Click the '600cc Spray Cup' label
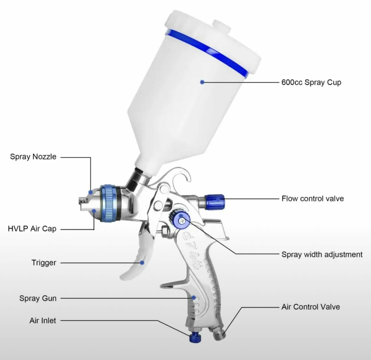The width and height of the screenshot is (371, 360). (x=311, y=83)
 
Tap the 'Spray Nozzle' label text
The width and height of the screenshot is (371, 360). (x=33, y=157)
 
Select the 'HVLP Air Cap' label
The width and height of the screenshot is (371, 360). (x=32, y=229)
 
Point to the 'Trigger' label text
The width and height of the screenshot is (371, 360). (x=44, y=263)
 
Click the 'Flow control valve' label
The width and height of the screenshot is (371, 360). (x=312, y=199)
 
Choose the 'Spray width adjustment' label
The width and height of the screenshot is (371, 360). (x=322, y=255)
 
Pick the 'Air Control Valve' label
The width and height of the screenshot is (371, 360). (x=310, y=307)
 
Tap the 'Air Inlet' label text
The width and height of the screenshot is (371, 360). (x=42, y=321)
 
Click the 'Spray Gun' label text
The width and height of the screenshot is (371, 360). (x=38, y=298)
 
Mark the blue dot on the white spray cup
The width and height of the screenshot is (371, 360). (x=202, y=82)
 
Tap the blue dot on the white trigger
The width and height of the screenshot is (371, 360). (x=142, y=263)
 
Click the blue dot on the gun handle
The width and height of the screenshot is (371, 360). (x=193, y=298)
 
